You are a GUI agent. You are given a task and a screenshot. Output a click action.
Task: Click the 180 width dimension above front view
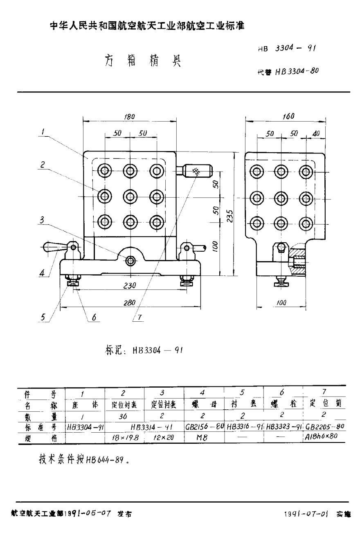(x=129, y=116)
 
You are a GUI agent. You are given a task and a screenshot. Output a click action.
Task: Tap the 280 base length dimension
(x=130, y=302)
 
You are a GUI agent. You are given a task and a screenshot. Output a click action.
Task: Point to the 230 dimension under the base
(x=130, y=286)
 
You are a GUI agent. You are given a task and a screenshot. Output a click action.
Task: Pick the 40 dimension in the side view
(x=315, y=134)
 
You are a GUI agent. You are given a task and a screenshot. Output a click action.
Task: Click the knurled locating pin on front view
(x=196, y=171)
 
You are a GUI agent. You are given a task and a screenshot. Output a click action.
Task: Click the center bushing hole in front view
(x=130, y=196)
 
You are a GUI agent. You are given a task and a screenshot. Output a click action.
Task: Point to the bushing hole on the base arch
(x=130, y=260)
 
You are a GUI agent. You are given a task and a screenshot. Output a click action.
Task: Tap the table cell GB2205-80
(x=325, y=427)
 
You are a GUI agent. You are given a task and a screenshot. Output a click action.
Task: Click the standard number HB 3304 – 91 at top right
(x=286, y=48)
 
